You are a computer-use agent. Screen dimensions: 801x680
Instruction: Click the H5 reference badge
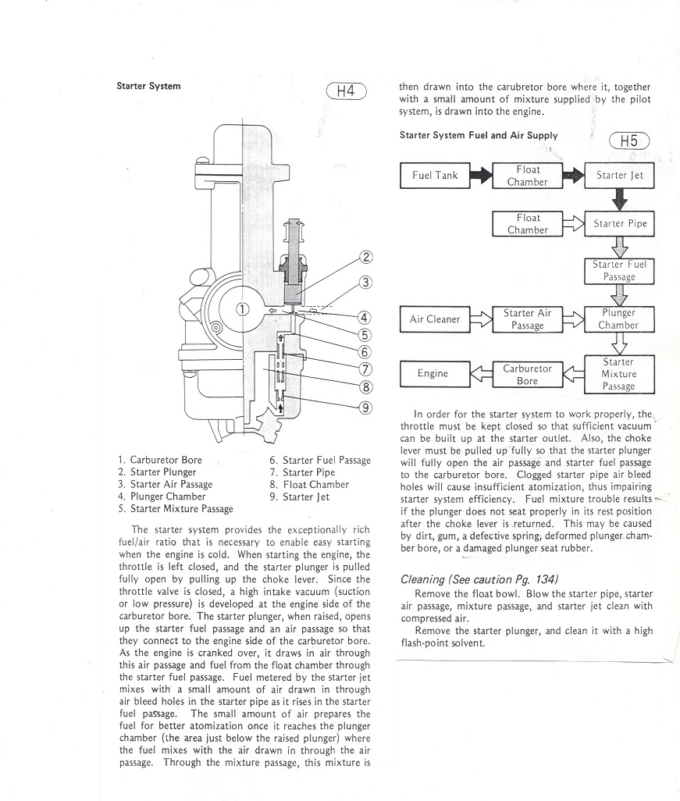(x=628, y=141)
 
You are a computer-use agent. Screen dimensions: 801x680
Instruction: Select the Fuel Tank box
(x=435, y=176)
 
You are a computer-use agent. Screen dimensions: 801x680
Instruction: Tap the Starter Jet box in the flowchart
(x=620, y=176)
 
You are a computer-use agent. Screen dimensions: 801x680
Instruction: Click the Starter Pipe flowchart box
(x=620, y=223)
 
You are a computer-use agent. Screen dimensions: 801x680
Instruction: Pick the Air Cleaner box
(x=434, y=319)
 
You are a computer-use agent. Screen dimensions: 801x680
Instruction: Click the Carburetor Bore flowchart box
(x=528, y=374)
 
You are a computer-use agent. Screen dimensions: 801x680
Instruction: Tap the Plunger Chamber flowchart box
(x=620, y=319)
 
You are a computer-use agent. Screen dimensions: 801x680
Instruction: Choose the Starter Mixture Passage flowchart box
(x=620, y=374)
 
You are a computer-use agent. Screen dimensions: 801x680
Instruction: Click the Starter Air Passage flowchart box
(x=528, y=319)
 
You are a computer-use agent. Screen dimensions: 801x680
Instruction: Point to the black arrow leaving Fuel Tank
(x=481, y=176)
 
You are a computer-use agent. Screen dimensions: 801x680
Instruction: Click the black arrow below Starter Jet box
(x=620, y=199)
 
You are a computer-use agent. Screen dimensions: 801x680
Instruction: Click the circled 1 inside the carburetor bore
(x=243, y=308)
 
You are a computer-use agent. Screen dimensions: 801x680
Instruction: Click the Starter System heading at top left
(x=148, y=86)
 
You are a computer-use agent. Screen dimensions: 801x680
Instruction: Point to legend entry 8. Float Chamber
(x=310, y=484)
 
